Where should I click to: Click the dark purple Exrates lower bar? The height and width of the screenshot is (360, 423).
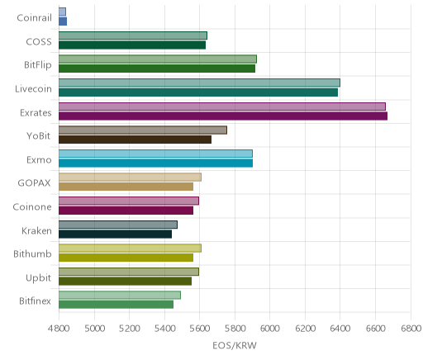click(223, 116)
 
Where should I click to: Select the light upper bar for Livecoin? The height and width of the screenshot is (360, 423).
click(199, 83)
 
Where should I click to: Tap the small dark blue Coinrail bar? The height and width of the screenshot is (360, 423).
click(63, 21)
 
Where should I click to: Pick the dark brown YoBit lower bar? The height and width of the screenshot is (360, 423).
click(135, 140)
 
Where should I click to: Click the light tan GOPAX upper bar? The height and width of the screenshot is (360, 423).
click(130, 178)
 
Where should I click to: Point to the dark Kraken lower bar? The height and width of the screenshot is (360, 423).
click(115, 234)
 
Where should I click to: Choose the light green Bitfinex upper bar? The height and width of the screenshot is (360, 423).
click(120, 295)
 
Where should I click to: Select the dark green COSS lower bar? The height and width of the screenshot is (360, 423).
click(132, 45)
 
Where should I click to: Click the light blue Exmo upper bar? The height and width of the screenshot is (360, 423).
click(155, 154)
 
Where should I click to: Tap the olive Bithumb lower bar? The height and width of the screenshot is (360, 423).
click(126, 258)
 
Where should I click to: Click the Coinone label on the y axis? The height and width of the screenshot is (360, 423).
click(32, 206)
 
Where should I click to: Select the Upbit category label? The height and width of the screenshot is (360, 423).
click(38, 278)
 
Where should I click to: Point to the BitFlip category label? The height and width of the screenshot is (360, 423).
click(38, 65)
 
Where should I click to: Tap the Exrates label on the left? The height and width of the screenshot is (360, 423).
click(36, 112)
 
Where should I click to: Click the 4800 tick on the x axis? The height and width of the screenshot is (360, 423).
click(59, 328)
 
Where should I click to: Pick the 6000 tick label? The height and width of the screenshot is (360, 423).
click(269, 328)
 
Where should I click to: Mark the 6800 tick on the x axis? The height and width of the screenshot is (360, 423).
click(411, 328)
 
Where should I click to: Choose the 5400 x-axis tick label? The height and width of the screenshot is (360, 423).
click(164, 328)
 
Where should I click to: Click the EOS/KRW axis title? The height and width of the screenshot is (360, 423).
click(235, 345)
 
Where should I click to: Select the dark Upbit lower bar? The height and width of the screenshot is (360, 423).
click(125, 282)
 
